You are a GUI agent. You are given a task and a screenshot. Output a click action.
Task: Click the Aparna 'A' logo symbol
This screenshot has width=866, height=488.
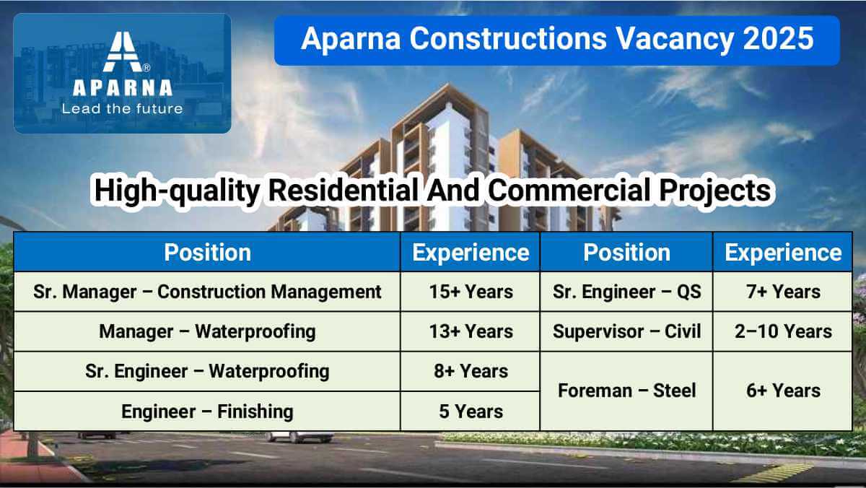click(x=123, y=51)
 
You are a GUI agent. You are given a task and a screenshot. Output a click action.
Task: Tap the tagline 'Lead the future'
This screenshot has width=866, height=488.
click(x=122, y=109)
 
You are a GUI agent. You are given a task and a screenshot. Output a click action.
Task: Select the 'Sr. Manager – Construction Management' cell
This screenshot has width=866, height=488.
click(x=207, y=292)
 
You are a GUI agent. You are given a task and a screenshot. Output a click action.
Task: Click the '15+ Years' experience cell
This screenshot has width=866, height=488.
click(x=471, y=292)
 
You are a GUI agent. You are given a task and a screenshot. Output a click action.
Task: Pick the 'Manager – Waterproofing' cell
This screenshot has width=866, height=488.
click(x=207, y=332)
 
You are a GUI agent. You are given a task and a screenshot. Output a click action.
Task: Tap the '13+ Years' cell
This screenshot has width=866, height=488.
click(x=471, y=331)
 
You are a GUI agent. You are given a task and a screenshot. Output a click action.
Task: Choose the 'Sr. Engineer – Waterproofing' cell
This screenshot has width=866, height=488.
click(x=207, y=372)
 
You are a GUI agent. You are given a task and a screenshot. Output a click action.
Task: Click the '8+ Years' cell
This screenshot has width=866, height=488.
click(x=471, y=371)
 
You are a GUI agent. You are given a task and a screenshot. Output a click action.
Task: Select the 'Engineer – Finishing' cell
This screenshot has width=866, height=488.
click(x=207, y=411)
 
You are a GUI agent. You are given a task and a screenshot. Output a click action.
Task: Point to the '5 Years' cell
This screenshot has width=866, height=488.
click(x=471, y=411)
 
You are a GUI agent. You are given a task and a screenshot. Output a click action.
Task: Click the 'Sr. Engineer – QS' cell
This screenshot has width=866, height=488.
click(x=626, y=292)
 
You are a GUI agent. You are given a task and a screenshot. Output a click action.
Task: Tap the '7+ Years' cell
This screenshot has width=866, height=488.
click(x=783, y=292)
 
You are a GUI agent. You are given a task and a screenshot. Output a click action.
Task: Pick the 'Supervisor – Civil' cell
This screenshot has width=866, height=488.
click(x=626, y=331)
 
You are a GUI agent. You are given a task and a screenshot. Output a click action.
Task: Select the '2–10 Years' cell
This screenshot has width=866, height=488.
click(x=783, y=331)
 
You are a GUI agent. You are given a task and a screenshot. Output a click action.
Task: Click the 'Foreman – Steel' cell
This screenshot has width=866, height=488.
click(x=626, y=391)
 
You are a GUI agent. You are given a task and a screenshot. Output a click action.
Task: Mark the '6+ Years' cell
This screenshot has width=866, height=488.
click(x=783, y=391)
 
